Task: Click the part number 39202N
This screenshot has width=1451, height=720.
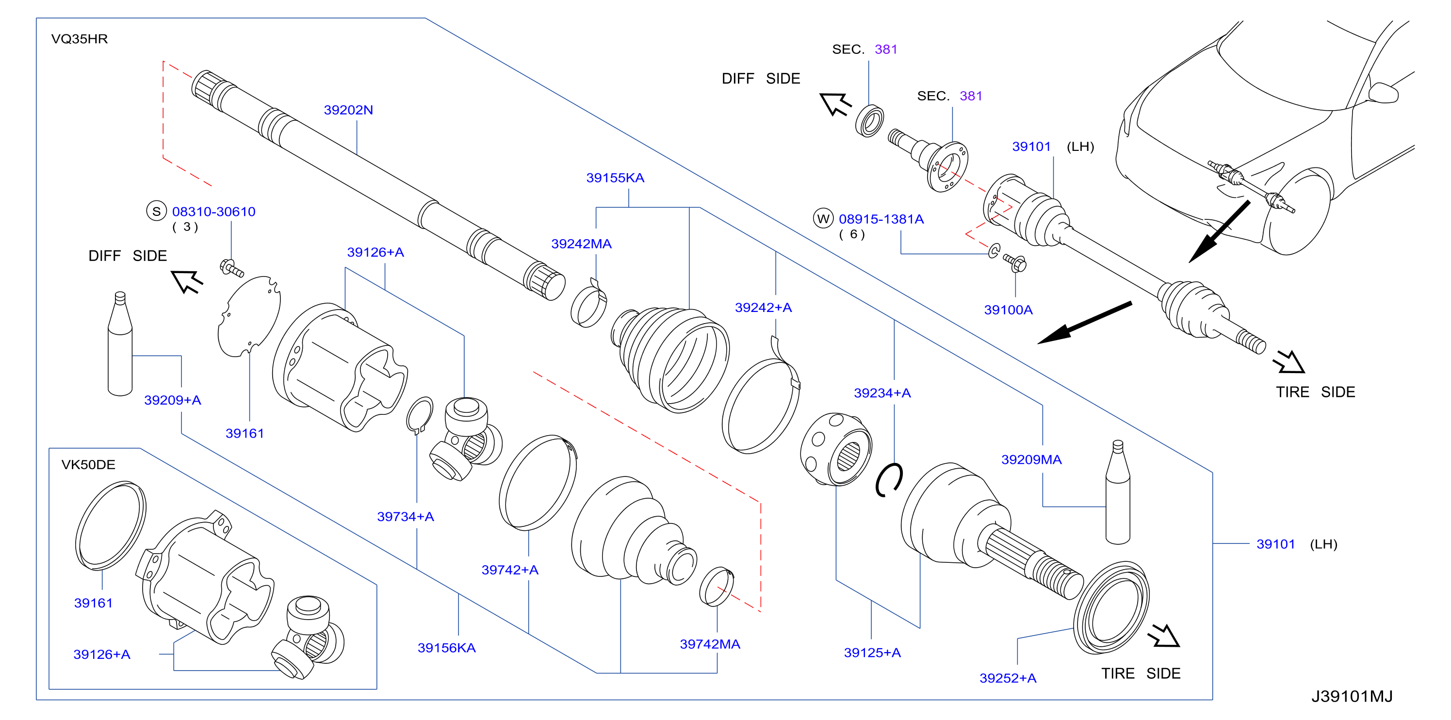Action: [x=348, y=110]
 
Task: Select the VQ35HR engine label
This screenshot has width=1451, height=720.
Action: [x=80, y=39]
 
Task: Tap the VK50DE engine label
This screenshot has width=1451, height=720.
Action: [x=88, y=464]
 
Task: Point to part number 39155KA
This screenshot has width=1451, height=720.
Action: [x=615, y=178]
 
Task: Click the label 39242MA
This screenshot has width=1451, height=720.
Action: [x=581, y=244]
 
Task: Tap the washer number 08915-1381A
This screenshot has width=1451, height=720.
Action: [x=881, y=219]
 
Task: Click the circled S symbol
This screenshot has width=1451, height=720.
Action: [x=157, y=211]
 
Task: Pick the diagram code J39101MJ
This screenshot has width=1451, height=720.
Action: [x=1352, y=696]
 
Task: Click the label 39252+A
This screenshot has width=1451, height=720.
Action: [x=1008, y=678]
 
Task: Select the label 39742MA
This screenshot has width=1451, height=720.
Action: [x=710, y=644]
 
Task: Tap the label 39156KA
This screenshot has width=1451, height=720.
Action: [x=447, y=647]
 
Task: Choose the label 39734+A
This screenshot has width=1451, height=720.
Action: [x=406, y=516]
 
